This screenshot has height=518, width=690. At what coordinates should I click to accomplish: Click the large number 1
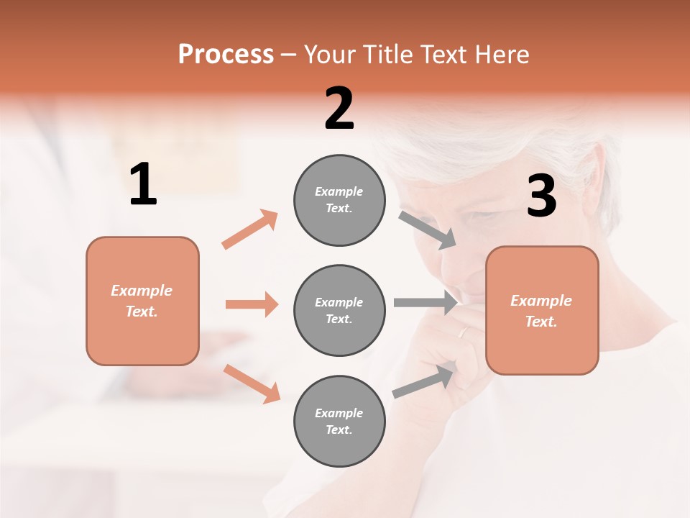(x=143, y=185)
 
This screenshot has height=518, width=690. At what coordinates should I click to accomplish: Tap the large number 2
(x=339, y=109)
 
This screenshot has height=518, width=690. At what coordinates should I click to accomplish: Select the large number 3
(x=541, y=196)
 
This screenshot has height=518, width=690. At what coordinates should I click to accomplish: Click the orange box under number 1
(x=142, y=301)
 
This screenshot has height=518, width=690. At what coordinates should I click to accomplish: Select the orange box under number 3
(x=542, y=310)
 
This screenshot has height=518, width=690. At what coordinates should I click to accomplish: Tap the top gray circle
(x=339, y=200)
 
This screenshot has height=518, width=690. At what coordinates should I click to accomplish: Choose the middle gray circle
(x=339, y=310)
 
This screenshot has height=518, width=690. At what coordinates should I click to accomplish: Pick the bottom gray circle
(x=339, y=421)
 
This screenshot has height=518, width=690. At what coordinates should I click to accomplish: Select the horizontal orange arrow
(x=252, y=304)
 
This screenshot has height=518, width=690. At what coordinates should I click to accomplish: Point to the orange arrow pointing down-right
(x=252, y=383)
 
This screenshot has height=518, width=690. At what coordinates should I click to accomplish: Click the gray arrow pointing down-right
(x=428, y=230)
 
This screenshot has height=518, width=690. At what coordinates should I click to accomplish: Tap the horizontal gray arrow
(x=425, y=303)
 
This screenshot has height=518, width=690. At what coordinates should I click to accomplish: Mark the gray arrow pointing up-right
(x=425, y=381)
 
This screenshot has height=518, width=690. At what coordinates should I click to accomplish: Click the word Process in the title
(x=226, y=54)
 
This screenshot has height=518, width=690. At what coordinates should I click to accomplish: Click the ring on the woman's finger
(x=464, y=332)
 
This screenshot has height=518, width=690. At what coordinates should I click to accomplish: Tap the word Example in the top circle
(x=339, y=191)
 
